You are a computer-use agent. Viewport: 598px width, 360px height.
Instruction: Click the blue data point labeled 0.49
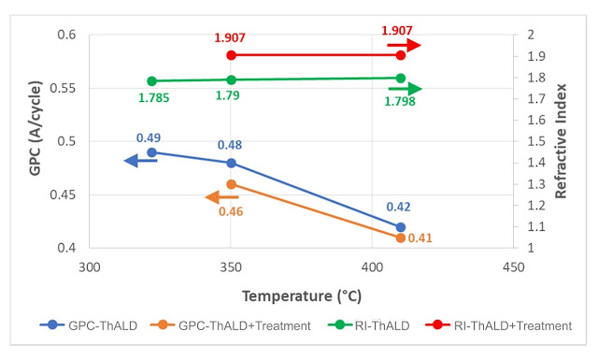tap(151, 151)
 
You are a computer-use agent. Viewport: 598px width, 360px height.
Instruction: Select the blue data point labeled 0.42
tap(401, 227)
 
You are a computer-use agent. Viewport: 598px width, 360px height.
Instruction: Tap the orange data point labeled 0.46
tap(231, 184)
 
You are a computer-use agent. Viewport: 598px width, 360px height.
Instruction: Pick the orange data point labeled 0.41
tap(401, 238)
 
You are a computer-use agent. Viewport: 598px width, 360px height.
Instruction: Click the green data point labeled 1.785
tap(151, 81)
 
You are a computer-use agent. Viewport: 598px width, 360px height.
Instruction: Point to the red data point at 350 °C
tap(231, 55)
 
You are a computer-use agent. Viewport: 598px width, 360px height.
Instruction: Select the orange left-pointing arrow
tap(221, 197)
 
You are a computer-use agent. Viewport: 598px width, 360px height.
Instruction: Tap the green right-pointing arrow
tap(405, 89)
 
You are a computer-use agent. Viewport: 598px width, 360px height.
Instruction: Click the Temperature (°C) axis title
tap(299, 295)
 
